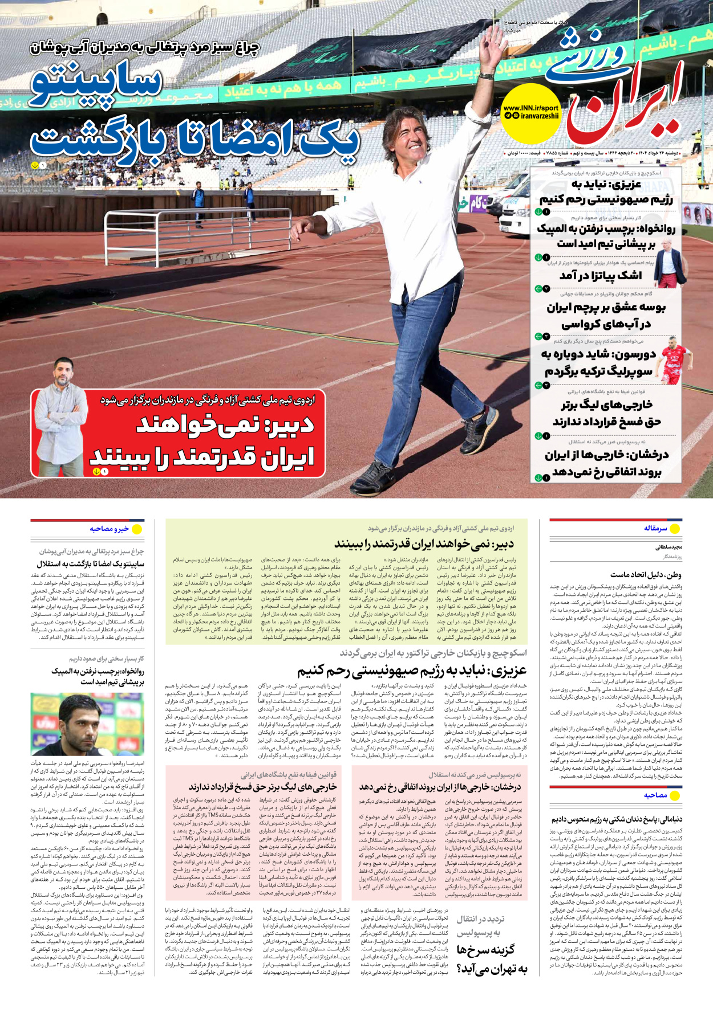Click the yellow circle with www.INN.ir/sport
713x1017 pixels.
pyautogui.click(x=530, y=113)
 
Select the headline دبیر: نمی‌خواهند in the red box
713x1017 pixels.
pyautogui.click(x=225, y=424)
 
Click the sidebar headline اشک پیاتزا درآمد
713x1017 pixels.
pyautogui.click(x=601, y=276)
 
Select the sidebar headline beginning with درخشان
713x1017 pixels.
pyautogui.click(x=606, y=463)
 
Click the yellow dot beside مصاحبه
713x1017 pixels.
pyautogui.click(x=675, y=795)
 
